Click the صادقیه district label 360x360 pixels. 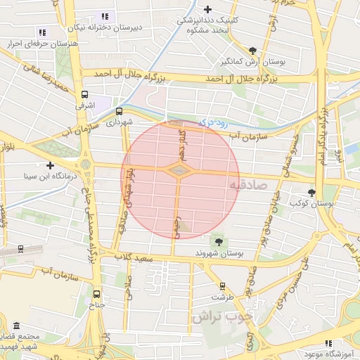[250, 185]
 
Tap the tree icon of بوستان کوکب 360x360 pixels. [312, 192]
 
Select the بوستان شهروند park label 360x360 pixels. [219, 252]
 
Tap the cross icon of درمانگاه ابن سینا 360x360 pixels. [50, 165]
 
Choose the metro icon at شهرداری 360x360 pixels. [119, 110]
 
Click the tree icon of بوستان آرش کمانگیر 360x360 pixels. [252, 51]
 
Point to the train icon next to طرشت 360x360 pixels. [222, 285]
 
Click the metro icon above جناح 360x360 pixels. [96, 294]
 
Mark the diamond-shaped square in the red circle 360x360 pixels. [179, 170]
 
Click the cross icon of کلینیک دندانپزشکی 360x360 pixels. [207, 9]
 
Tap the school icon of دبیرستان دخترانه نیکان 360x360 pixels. [105, 16]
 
